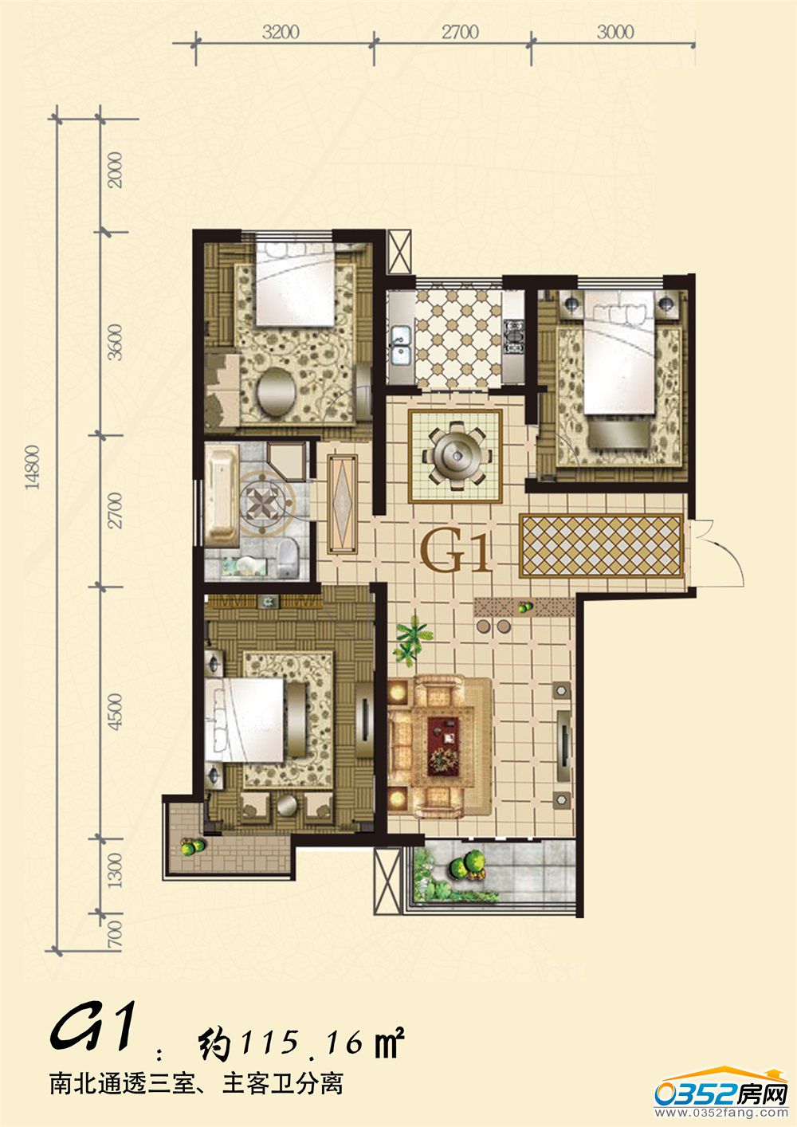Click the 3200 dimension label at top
pyautogui.click(x=281, y=32)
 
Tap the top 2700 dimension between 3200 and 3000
pyautogui.click(x=460, y=32)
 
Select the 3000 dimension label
pyautogui.click(x=614, y=32)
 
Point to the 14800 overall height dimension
pyautogui.click(x=32, y=467)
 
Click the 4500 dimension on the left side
pyautogui.click(x=116, y=712)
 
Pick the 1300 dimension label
pyautogui.click(x=116, y=870)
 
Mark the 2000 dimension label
pyautogui.click(x=116, y=170)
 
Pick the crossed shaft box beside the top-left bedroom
pyautogui.click(x=398, y=252)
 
